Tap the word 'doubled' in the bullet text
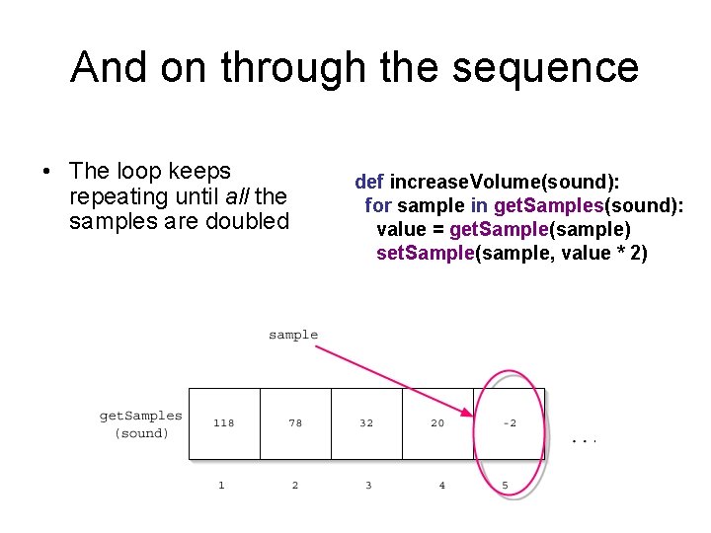click(x=247, y=221)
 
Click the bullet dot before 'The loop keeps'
click(x=46, y=173)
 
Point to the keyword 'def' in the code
click(x=369, y=182)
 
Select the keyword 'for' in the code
click(x=378, y=205)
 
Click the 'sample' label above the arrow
click(x=293, y=335)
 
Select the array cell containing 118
click(x=224, y=423)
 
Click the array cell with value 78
click(x=295, y=423)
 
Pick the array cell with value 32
click(x=366, y=423)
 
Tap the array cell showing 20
click(x=437, y=423)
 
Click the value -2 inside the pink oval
click(x=510, y=423)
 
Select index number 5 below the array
click(x=506, y=486)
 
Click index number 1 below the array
click(x=221, y=486)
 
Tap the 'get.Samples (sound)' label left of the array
click(x=141, y=424)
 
